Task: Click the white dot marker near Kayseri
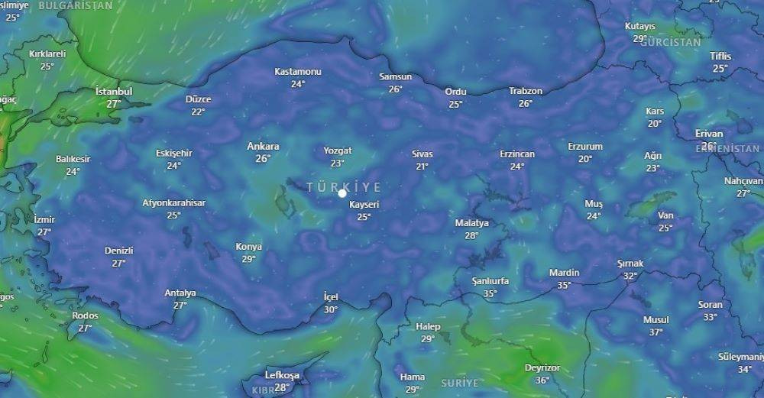click(x=342, y=193)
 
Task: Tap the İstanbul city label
click(x=114, y=92)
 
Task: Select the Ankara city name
click(x=263, y=147)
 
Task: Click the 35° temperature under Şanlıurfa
click(x=490, y=293)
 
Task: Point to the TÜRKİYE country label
click(x=343, y=186)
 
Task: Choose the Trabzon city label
click(x=526, y=91)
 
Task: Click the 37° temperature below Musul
click(x=656, y=332)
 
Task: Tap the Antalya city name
click(x=180, y=293)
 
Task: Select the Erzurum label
click(x=585, y=147)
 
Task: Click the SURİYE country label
click(x=459, y=383)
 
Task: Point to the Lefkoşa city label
click(x=282, y=375)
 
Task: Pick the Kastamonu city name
click(x=298, y=72)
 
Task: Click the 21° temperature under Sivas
click(x=422, y=166)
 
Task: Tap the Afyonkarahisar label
click(x=173, y=203)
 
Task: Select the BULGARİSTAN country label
click(x=75, y=5)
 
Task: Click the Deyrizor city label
click(x=542, y=368)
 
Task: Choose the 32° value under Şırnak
click(x=630, y=276)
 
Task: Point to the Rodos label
click(x=85, y=316)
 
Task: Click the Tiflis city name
click(x=720, y=57)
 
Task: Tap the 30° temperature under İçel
click(x=330, y=309)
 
